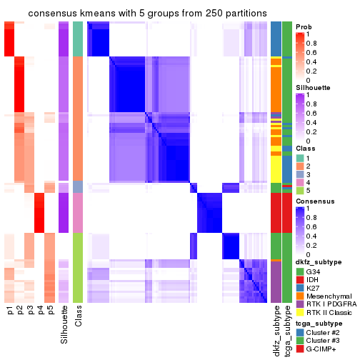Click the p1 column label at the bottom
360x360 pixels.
coord(10,311)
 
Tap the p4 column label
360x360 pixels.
coord(39,311)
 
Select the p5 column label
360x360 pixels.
coord(49,311)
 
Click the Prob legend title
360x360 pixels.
coord(304,26)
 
